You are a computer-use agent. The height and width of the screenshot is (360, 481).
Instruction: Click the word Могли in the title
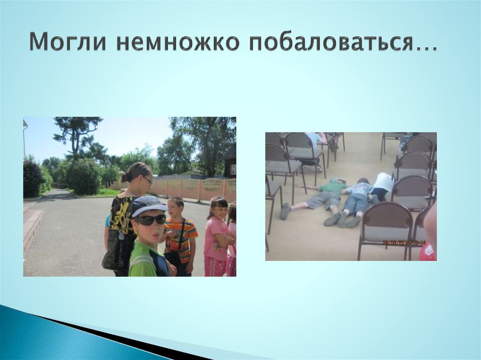point(69,43)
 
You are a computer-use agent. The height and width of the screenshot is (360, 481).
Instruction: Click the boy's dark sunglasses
point(150,219)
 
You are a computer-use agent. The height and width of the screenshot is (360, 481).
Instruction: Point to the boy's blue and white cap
point(147,206)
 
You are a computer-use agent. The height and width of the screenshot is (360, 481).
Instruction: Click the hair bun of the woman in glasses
point(126,176)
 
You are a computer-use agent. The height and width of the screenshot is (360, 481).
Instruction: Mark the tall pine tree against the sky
point(77,134)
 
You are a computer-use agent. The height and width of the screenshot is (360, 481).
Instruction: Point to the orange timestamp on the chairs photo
point(403,243)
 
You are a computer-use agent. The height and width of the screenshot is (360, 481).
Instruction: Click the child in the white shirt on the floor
point(382,183)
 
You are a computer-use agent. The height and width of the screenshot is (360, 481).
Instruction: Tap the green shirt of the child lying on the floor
point(332,187)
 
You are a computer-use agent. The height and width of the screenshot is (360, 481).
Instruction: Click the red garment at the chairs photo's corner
point(427,253)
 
